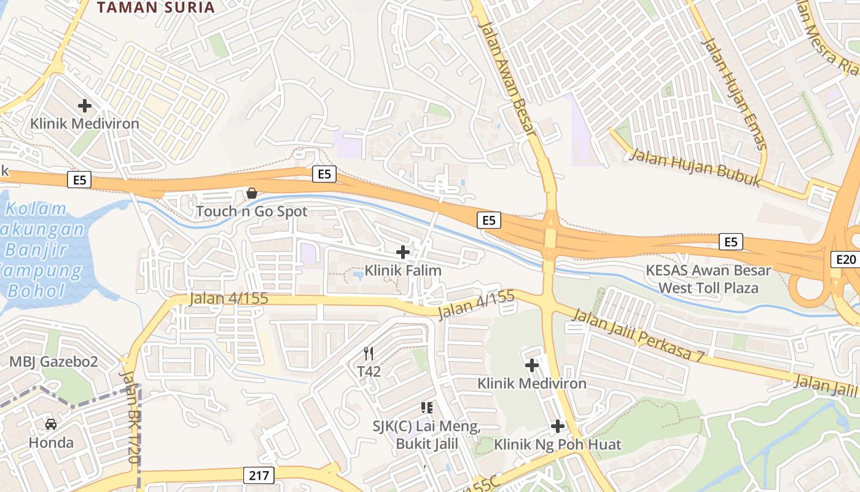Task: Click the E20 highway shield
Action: (x=846, y=260)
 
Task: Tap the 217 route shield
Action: (x=259, y=475)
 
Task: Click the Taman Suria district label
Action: (x=156, y=7)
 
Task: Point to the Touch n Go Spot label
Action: (x=251, y=212)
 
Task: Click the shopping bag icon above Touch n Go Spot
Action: (x=251, y=194)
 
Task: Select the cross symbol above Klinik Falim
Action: (x=403, y=252)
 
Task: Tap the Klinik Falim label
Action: (x=403, y=270)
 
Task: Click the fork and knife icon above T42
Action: (x=369, y=354)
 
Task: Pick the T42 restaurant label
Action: (x=369, y=371)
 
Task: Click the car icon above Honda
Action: (x=51, y=424)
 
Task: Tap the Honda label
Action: (x=51, y=442)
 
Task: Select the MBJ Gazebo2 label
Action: (x=53, y=362)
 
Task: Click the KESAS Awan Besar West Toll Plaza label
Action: (x=708, y=279)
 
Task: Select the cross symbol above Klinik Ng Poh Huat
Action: (x=558, y=426)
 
